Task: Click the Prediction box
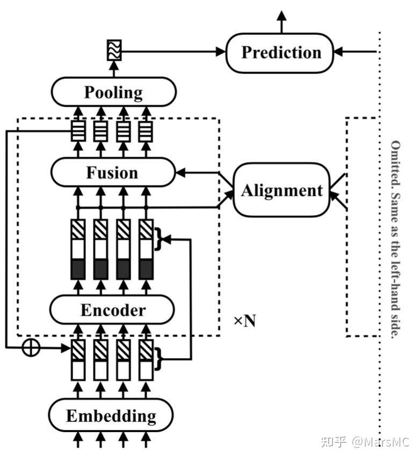pyautogui.click(x=280, y=53)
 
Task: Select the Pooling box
pyautogui.click(x=113, y=92)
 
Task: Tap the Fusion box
pyautogui.click(x=113, y=173)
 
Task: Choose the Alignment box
pyautogui.click(x=281, y=191)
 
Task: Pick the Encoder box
pyautogui.click(x=113, y=310)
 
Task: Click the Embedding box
pyautogui.click(x=111, y=416)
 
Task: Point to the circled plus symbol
pyautogui.click(x=31, y=347)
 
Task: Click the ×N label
pyautogui.click(x=244, y=321)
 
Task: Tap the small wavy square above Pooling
pyautogui.click(x=114, y=50)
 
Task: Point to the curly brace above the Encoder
pyautogui.click(x=158, y=238)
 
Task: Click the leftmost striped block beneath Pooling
pyautogui.click(x=78, y=131)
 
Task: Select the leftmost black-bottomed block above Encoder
pyautogui.click(x=78, y=249)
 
